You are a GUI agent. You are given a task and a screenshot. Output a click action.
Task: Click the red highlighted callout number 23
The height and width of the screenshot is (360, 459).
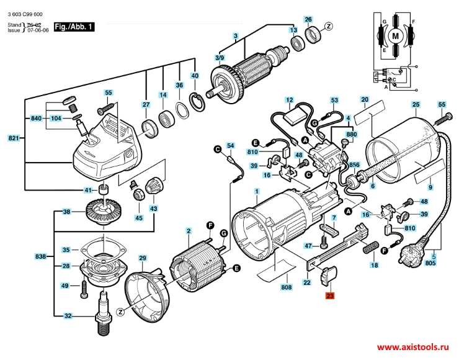click(x=329, y=296)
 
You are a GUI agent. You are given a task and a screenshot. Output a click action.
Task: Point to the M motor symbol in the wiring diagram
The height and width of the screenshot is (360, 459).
click(x=395, y=36)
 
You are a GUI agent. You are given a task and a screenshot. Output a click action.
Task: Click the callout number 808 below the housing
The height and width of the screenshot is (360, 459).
click(x=286, y=287)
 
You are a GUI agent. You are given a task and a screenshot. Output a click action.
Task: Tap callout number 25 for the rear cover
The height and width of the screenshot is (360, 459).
click(x=416, y=106)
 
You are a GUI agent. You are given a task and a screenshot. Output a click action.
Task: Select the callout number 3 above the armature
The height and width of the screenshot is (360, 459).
click(x=236, y=36)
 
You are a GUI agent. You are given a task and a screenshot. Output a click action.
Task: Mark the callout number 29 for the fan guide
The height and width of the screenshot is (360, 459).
click(x=142, y=258)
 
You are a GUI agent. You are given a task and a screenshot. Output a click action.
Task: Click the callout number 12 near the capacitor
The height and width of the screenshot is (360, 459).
click(x=290, y=100)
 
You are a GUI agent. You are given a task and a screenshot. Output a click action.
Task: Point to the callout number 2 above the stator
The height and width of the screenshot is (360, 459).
click(x=188, y=232)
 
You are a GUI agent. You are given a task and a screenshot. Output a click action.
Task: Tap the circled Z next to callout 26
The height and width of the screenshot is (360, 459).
click(x=329, y=25)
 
